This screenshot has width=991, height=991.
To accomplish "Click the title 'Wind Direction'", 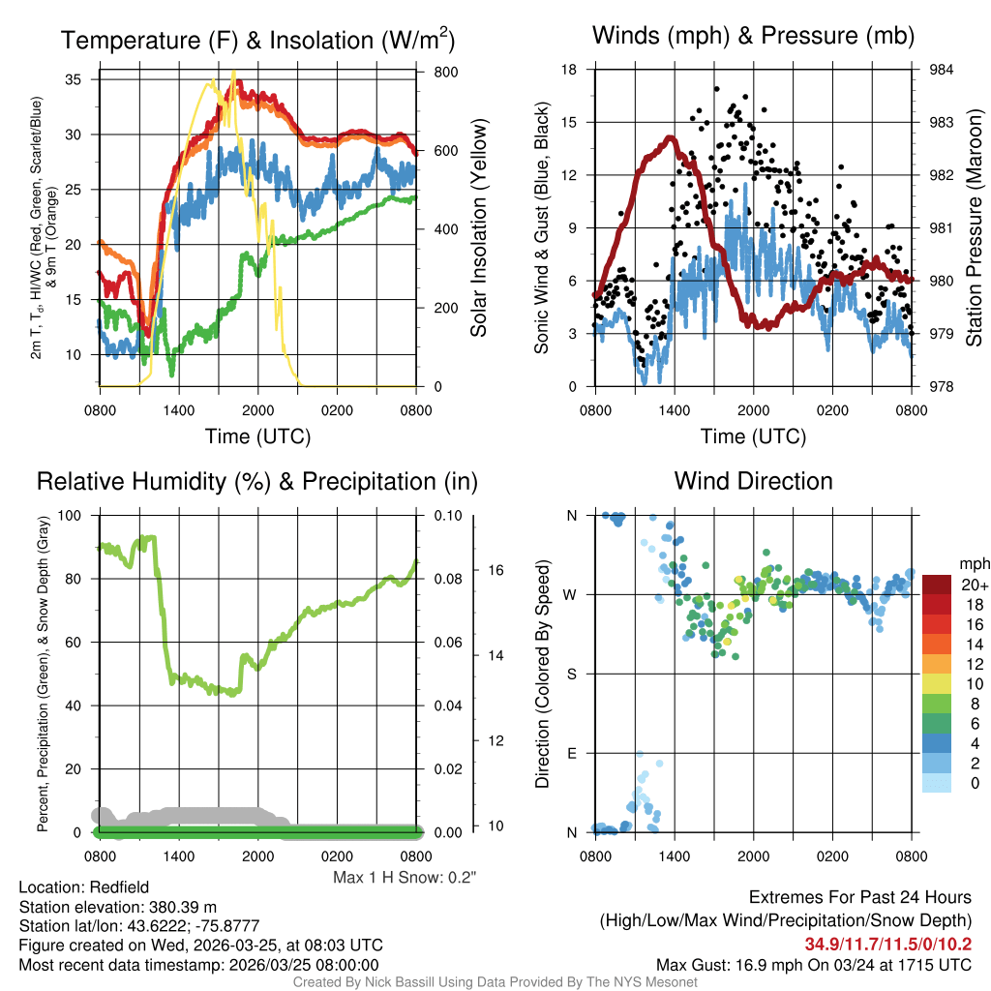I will tap(753, 481).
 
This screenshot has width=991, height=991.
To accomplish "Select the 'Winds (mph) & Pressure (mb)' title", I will tap(753, 37).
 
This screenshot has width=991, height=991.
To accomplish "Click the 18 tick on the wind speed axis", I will tap(569, 70).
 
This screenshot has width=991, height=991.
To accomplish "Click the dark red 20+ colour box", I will tap(938, 585).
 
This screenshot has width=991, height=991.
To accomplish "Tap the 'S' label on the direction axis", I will tap(572, 674).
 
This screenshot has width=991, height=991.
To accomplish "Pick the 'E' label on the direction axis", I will tap(572, 753).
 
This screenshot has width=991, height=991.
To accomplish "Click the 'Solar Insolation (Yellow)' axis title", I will tap(478, 227).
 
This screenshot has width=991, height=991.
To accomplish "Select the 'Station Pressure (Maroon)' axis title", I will tap(975, 227).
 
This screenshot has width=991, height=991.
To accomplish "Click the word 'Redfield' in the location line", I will tap(118, 886).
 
